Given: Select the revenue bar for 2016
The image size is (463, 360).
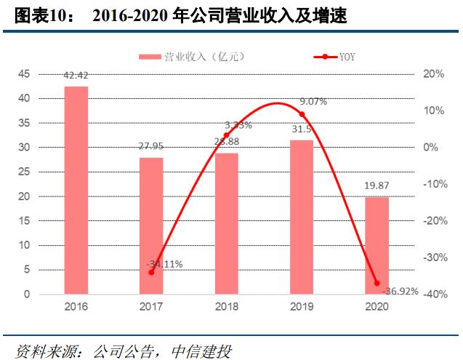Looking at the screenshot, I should pos(76,190).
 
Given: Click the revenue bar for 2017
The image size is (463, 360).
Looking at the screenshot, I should pos(151,225).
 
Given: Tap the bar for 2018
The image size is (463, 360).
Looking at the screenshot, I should pos(227,223).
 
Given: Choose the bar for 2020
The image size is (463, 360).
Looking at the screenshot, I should pos(377,245).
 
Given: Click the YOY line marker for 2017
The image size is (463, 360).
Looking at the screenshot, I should pos(151,272).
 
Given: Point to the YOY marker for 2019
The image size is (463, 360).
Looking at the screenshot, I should pos(302,114).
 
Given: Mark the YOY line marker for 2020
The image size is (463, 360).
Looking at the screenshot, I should pos(377,283).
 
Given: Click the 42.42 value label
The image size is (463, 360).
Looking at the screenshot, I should pos(76,76).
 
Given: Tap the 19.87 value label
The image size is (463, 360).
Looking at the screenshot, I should pos(377,186).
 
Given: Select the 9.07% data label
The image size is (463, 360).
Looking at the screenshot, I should pos(313,102).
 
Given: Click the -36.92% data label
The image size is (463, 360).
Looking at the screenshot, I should pos(401,291).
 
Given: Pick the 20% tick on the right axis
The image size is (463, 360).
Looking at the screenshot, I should pos(433,74).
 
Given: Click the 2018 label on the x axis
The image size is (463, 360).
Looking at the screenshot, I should pos(227,306).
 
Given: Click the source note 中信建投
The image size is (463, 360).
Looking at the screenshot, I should pos(201,351).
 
